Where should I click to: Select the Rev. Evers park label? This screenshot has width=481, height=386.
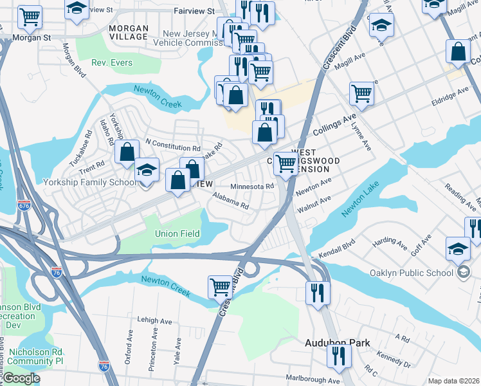(x=112, y=63)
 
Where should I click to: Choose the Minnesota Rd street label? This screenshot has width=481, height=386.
(x=253, y=187)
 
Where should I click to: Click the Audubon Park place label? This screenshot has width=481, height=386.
(x=337, y=343)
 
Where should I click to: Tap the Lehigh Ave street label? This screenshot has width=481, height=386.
(x=155, y=320)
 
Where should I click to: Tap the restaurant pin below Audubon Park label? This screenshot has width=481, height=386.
(x=338, y=356)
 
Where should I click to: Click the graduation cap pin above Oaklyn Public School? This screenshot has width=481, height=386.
(x=458, y=248)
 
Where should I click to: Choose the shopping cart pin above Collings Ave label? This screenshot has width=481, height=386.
(x=362, y=93)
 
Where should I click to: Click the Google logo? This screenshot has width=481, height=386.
(x=21, y=378)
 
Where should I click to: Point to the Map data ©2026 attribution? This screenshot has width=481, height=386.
(x=453, y=381)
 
